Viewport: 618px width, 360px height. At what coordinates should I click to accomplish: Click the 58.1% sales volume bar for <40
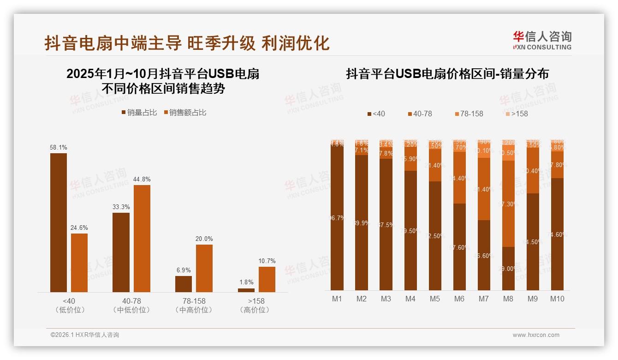click(x=59, y=222)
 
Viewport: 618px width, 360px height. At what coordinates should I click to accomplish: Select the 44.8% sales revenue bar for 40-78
click(x=142, y=238)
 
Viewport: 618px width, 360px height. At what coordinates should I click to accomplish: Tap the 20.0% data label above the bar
click(x=204, y=239)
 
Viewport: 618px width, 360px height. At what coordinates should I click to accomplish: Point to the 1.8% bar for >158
click(x=246, y=290)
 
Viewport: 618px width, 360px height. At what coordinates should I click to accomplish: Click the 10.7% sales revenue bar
click(x=267, y=279)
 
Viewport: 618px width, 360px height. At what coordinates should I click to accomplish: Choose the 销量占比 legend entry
click(x=139, y=113)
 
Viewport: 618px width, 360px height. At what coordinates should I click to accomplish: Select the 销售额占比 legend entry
click(x=185, y=113)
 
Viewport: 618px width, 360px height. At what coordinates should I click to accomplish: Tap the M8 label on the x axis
click(x=508, y=299)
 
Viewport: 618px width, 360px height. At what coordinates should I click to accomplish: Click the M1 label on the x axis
click(x=337, y=299)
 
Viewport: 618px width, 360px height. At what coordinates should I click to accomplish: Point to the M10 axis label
click(x=557, y=299)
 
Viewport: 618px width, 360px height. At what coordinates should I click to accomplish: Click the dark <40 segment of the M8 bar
click(x=508, y=269)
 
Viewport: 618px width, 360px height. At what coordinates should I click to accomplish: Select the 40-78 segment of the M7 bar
click(x=484, y=189)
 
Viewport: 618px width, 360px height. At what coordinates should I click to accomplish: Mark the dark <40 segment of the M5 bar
click(x=435, y=235)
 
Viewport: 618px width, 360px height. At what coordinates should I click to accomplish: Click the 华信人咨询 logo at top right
click(x=542, y=40)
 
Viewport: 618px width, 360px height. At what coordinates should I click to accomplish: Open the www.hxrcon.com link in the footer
click(x=536, y=335)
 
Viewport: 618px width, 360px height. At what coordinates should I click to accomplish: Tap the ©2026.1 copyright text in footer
click(x=85, y=335)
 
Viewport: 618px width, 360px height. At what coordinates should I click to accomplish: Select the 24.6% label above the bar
click(x=79, y=228)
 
